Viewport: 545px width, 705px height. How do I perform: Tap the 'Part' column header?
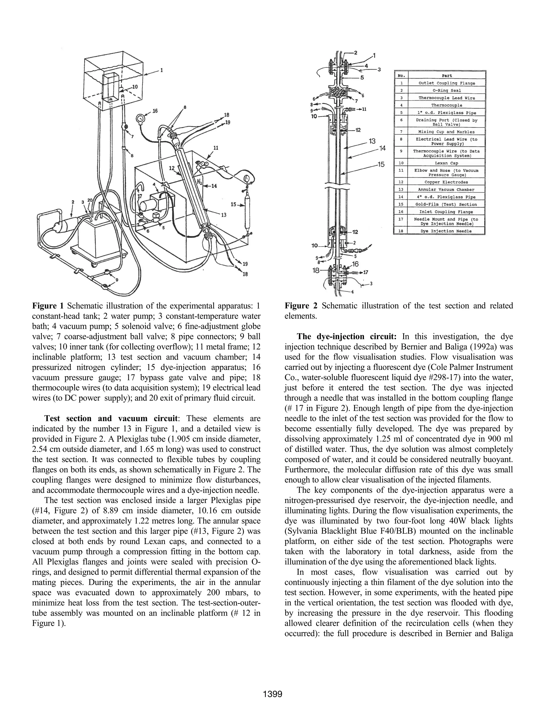click(x=447, y=76)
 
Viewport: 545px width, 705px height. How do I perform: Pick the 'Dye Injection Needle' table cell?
click(x=447, y=231)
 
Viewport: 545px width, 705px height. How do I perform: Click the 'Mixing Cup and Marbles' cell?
click(x=447, y=132)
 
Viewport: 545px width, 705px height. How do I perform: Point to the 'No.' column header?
click(x=401, y=76)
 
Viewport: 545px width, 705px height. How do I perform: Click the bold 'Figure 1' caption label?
click(x=48, y=306)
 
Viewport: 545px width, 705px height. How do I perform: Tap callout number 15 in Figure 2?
click(x=381, y=164)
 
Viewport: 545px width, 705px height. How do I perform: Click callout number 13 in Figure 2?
click(x=372, y=141)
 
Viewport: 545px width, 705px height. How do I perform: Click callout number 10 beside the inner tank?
click(x=135, y=86)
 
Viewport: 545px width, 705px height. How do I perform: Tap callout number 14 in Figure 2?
click(x=382, y=148)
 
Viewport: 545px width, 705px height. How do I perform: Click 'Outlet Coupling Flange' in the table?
click(x=447, y=83)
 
